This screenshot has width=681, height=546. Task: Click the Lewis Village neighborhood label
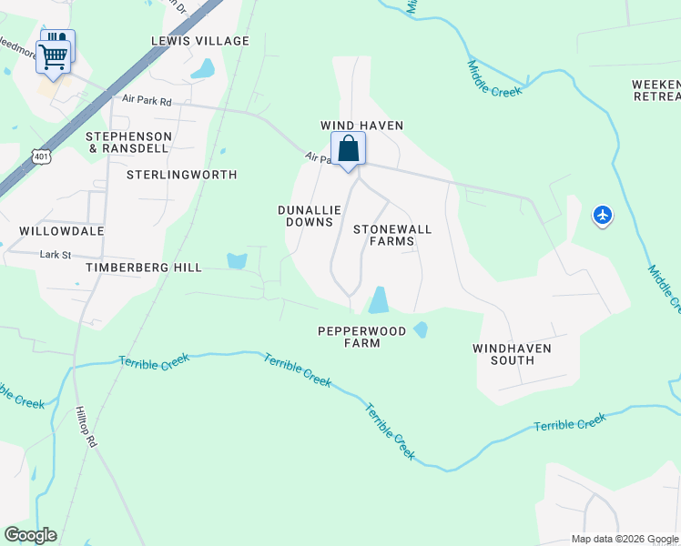(200, 41)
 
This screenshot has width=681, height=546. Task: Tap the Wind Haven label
(361, 126)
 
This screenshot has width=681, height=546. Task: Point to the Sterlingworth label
(181, 175)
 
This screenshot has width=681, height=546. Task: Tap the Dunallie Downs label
(310, 216)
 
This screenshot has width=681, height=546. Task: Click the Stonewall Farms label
(391, 235)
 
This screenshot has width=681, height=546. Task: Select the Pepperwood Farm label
(361, 337)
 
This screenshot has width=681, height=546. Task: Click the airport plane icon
(602, 216)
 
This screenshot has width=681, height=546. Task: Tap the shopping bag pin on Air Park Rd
(348, 149)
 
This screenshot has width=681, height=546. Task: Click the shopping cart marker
(54, 56)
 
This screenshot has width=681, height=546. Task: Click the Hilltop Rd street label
(86, 427)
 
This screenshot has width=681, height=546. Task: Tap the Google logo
(30, 535)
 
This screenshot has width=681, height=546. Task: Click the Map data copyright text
(625, 539)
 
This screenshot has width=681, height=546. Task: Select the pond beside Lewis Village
(204, 68)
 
